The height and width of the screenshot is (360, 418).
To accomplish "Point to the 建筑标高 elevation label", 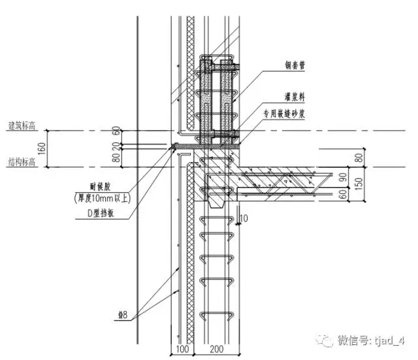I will tap(21, 125).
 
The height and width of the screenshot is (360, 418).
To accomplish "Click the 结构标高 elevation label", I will tap(21, 161).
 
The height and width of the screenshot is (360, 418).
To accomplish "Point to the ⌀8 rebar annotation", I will tap(123, 317).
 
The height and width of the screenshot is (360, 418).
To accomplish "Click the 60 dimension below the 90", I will tap(343, 195).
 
